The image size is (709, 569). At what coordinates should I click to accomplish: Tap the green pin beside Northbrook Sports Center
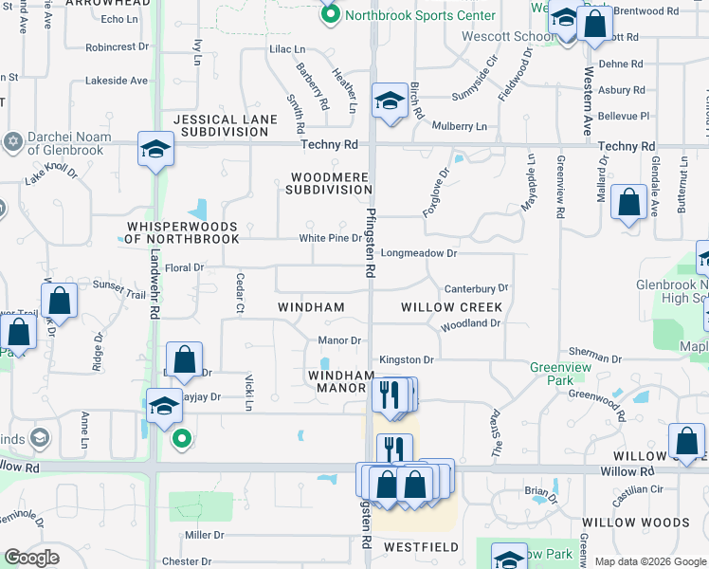click(331, 14)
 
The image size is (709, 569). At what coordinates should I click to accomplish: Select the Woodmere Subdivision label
click(331, 183)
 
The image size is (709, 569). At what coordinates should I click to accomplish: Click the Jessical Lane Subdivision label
click(225, 125)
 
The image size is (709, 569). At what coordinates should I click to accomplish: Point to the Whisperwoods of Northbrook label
click(182, 232)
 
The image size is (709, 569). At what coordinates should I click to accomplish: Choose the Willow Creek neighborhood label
click(451, 307)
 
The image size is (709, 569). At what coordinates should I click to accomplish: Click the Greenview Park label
click(561, 373)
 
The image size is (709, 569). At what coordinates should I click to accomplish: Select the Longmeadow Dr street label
click(419, 254)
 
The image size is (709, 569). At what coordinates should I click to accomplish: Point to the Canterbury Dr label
click(476, 287)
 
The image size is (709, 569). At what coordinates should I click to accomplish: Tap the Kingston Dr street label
click(406, 360)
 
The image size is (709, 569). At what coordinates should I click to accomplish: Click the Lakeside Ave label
click(116, 81)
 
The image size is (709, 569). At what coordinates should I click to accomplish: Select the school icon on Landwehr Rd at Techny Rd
click(156, 149)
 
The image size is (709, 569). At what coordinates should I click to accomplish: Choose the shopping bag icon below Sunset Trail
click(59, 300)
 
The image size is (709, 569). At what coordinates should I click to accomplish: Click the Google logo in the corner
click(32, 557)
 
